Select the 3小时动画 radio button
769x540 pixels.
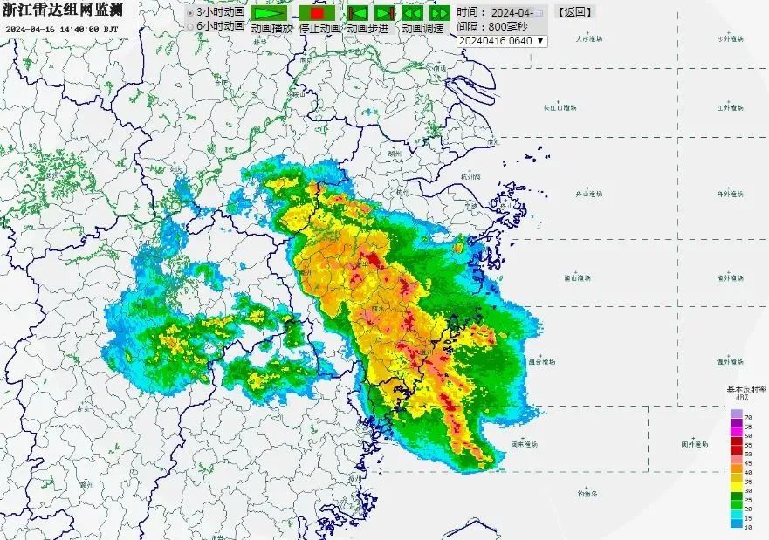191,13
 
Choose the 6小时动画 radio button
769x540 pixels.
191,26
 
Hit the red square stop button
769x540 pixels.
316,13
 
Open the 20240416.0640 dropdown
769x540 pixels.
501,40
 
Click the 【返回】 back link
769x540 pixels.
575,12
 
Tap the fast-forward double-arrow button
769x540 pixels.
439,13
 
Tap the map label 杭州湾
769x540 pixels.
469,175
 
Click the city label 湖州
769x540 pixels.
394,152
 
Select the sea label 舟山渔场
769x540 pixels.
589,194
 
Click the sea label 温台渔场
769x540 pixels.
542,360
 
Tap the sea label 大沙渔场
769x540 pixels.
590,39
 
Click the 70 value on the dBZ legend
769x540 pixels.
748,416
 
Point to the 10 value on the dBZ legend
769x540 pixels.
748,526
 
